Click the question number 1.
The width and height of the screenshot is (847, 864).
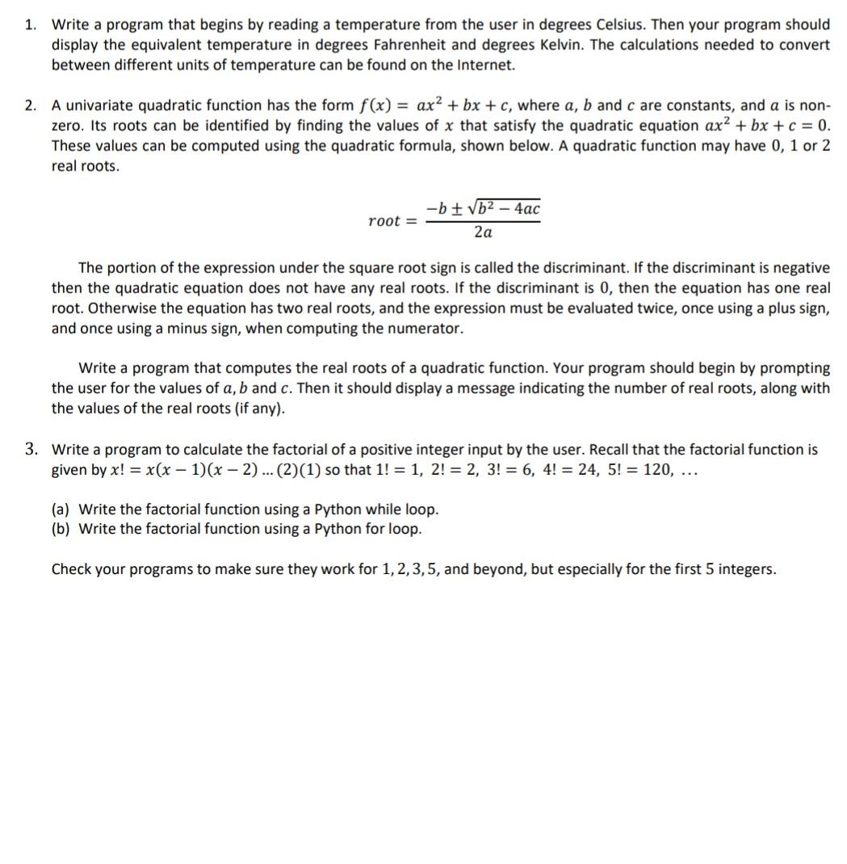pos(30,25)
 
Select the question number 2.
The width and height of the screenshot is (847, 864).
pos(30,106)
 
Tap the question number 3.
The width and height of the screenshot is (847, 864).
pos(30,450)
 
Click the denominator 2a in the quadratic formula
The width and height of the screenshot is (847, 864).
pos(483,233)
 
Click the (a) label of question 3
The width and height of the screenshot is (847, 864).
pos(61,510)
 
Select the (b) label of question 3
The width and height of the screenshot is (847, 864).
pos(61,530)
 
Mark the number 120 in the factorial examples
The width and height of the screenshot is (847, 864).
pos(655,470)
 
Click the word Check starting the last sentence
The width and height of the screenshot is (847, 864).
pos(71,569)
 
